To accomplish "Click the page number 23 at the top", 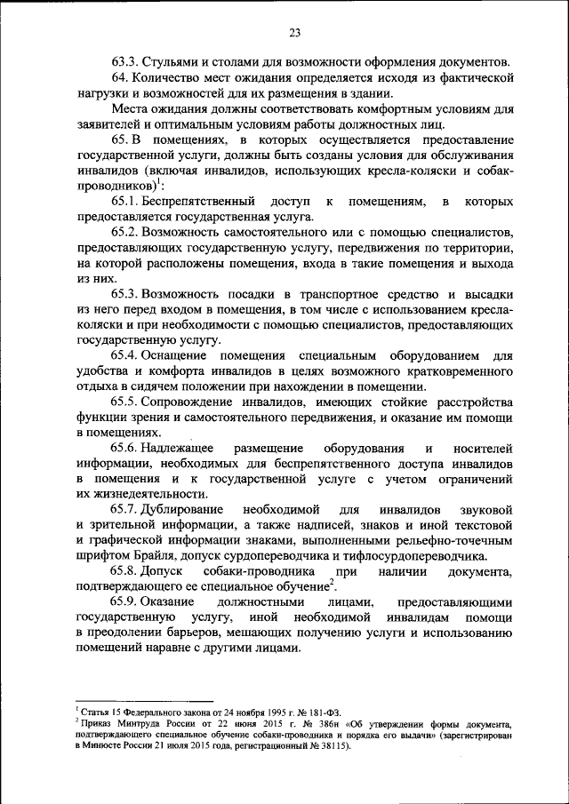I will pyautogui.click(x=294, y=33).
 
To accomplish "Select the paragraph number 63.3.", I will pyautogui.click(x=125, y=62).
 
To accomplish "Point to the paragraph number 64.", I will pyautogui.click(x=120, y=78).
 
